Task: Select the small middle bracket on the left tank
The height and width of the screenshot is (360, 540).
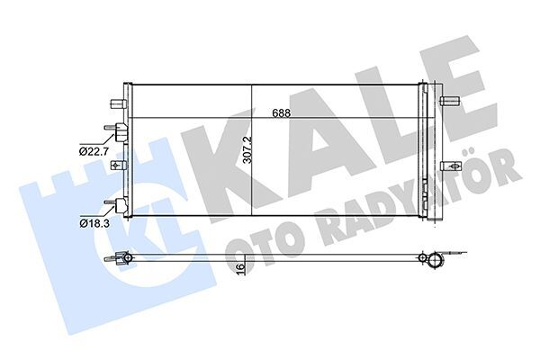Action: (116, 166)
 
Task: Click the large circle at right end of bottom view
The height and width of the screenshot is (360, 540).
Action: (436, 261)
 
